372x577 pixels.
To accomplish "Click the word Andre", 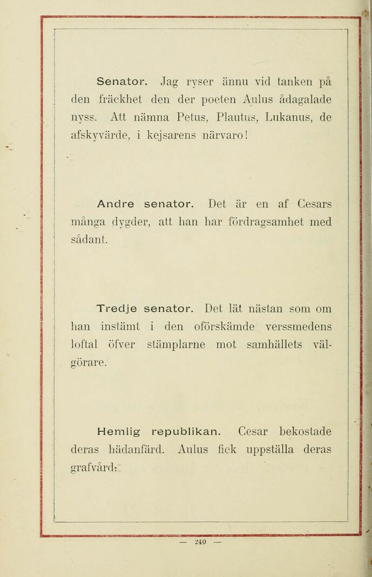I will pos(116,204).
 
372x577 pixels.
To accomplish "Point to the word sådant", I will pos(90,239).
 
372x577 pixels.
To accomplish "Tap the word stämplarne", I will pos(176,344).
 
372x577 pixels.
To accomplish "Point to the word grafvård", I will pos(94,467).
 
